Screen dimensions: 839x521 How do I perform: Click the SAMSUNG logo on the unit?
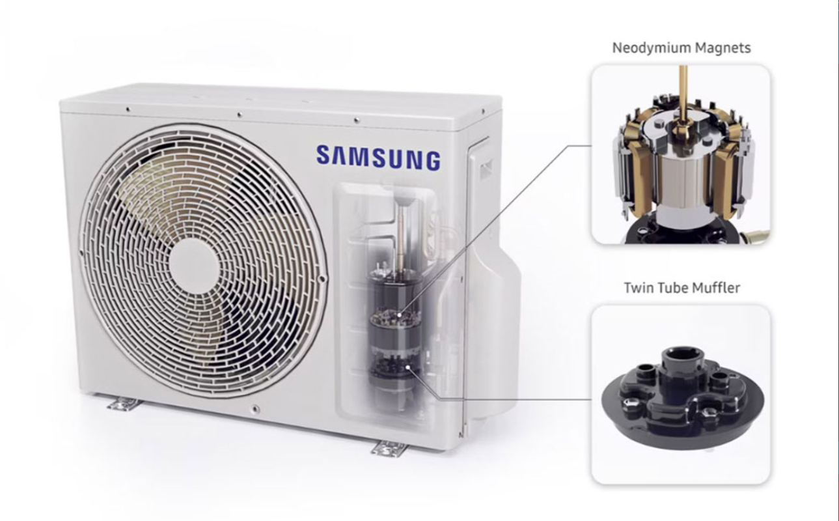[378, 158]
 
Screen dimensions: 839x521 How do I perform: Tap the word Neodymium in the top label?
[652, 48]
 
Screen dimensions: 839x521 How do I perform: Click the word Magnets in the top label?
[723, 48]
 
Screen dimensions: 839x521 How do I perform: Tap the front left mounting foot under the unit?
[125, 404]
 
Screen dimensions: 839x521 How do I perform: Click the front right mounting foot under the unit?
[388, 449]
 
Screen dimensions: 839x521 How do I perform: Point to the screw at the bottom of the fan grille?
[255, 408]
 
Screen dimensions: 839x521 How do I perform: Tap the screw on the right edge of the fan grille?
[322, 279]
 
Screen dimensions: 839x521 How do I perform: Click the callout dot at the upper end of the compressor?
[400, 315]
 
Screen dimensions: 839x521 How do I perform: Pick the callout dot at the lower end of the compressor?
[408, 368]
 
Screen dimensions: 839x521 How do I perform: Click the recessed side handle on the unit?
[486, 169]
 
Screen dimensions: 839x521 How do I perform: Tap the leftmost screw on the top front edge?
[128, 109]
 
